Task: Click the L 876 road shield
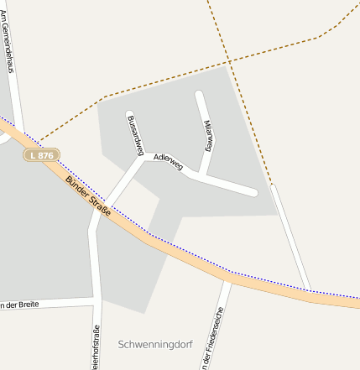point(41,155)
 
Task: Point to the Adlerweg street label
point(168,161)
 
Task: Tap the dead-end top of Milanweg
point(199,94)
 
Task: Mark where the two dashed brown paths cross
point(229,61)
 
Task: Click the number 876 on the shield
point(45,155)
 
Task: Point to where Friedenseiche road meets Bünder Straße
point(227,278)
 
